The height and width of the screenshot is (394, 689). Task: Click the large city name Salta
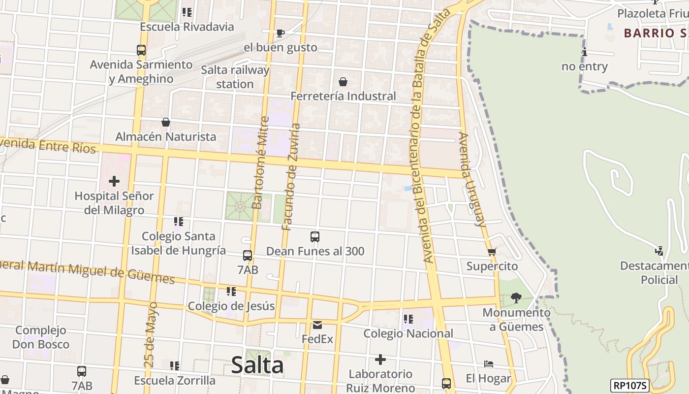pyautogui.click(x=257, y=365)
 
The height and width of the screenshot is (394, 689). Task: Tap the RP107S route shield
pyautogui.click(x=630, y=386)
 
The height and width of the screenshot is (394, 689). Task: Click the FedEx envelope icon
pyautogui.click(x=317, y=325)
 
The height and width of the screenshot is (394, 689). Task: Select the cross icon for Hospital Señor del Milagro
pyautogui.click(x=114, y=181)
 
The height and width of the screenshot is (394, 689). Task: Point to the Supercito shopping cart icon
pyautogui.click(x=492, y=252)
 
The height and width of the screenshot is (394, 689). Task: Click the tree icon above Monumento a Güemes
pyautogui.click(x=516, y=297)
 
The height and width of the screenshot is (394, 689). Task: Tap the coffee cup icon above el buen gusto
pyautogui.click(x=280, y=33)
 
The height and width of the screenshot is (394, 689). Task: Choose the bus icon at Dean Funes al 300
pyautogui.click(x=315, y=237)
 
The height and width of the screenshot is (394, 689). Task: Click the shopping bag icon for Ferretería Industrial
pyautogui.click(x=343, y=82)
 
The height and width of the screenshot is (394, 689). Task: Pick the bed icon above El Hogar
pyautogui.click(x=489, y=364)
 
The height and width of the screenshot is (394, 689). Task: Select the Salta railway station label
pyautogui.click(x=235, y=77)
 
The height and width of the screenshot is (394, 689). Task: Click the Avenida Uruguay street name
pyautogui.click(x=472, y=179)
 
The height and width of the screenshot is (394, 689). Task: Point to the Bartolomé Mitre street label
pyautogui.click(x=260, y=163)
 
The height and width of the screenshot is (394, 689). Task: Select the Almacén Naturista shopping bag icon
pyautogui.click(x=166, y=122)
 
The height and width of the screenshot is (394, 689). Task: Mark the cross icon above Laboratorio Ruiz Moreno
pyautogui.click(x=380, y=360)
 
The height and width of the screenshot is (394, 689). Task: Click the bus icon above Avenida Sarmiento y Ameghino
pyautogui.click(x=141, y=50)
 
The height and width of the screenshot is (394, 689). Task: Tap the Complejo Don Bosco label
pyautogui.click(x=41, y=337)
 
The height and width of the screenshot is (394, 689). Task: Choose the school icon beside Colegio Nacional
pyautogui.click(x=408, y=319)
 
